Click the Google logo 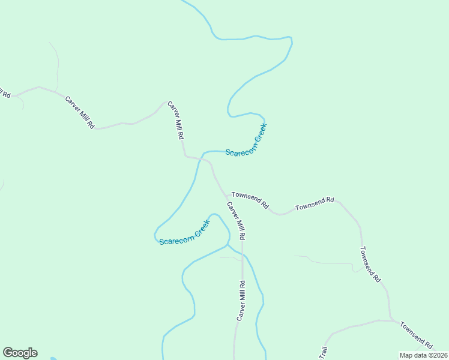click(20, 353)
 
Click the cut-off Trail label click(324, 353)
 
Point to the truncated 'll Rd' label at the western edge click(5, 94)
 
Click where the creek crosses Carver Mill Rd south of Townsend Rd click(243, 253)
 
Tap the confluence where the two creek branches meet click(227, 245)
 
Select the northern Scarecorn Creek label click(246, 141)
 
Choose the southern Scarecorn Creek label click(184, 233)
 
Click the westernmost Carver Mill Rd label click(80, 112)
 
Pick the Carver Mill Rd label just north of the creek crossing click(175, 120)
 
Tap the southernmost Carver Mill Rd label click(241, 301)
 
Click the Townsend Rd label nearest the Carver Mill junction click(250, 199)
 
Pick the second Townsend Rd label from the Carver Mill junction click(315, 203)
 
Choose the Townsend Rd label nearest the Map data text click(416, 335)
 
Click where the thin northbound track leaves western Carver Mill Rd click(57, 92)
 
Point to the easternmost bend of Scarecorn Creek click(292, 42)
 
